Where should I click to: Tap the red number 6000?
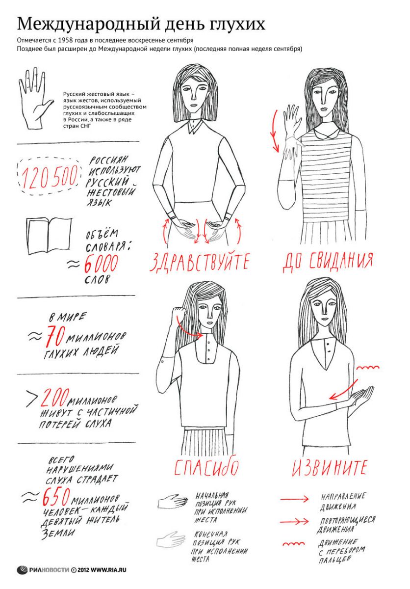tap(101, 264)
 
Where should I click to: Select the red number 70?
tap(55, 336)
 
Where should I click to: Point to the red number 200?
tap(54, 398)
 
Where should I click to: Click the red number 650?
tap(56, 496)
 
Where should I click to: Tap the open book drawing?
tap(49, 235)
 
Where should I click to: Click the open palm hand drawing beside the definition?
tap(35, 98)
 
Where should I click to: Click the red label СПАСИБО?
tap(206, 466)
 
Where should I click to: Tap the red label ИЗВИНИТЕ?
tap(330, 467)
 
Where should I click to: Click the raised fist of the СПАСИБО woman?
tap(179, 313)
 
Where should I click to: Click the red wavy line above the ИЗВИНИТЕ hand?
tap(368, 367)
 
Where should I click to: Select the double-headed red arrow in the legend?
tap(294, 521)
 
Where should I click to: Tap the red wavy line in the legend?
tap(294, 544)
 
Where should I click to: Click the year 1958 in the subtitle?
tap(65, 40)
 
